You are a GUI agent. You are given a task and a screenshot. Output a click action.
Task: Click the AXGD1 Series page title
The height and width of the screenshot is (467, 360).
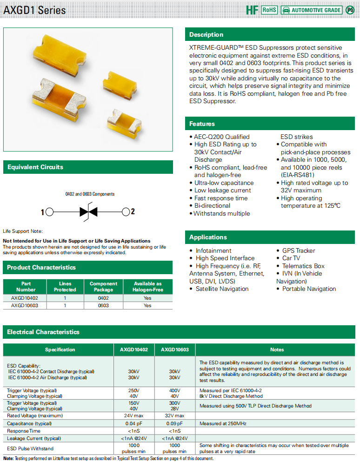click(x=35, y=10)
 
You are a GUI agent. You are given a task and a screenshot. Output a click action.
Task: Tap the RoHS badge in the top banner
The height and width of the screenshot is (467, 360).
click(x=269, y=10)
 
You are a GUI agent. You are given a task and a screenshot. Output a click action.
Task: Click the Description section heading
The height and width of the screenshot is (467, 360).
click(x=206, y=35)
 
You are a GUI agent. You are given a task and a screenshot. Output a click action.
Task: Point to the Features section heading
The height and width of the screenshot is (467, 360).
click(x=202, y=124)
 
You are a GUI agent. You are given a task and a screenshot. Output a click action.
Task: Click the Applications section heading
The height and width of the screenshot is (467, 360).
click(x=208, y=237)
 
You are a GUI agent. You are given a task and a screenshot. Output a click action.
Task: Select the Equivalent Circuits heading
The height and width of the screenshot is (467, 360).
click(x=35, y=167)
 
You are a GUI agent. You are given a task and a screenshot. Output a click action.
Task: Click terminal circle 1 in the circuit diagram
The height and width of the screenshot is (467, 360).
click(x=49, y=212)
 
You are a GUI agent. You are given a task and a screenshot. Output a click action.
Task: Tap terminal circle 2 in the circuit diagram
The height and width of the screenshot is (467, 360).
click(x=126, y=212)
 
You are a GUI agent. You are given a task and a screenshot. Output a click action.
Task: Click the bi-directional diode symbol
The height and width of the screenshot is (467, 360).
click(x=87, y=212)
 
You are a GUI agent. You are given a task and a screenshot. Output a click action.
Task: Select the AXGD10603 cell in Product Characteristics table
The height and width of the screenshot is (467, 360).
click(x=25, y=305)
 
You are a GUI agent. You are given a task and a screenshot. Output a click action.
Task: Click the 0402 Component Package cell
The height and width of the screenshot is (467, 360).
click(x=103, y=298)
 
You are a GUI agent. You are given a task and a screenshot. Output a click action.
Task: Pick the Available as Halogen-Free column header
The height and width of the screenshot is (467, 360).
click(x=147, y=286)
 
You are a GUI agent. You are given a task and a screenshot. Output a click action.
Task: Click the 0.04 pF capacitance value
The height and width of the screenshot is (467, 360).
click(x=133, y=423)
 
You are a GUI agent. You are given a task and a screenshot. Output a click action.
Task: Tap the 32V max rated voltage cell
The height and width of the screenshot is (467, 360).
click(x=174, y=415)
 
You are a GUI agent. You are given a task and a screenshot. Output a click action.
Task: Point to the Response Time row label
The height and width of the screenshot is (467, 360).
click(x=24, y=431)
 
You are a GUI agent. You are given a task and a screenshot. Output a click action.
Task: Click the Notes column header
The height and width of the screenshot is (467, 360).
click(x=277, y=349)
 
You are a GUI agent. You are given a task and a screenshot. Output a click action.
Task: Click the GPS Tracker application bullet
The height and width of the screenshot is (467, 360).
click(x=299, y=251)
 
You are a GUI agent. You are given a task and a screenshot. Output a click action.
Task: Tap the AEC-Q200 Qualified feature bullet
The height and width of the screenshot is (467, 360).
click(x=222, y=137)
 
